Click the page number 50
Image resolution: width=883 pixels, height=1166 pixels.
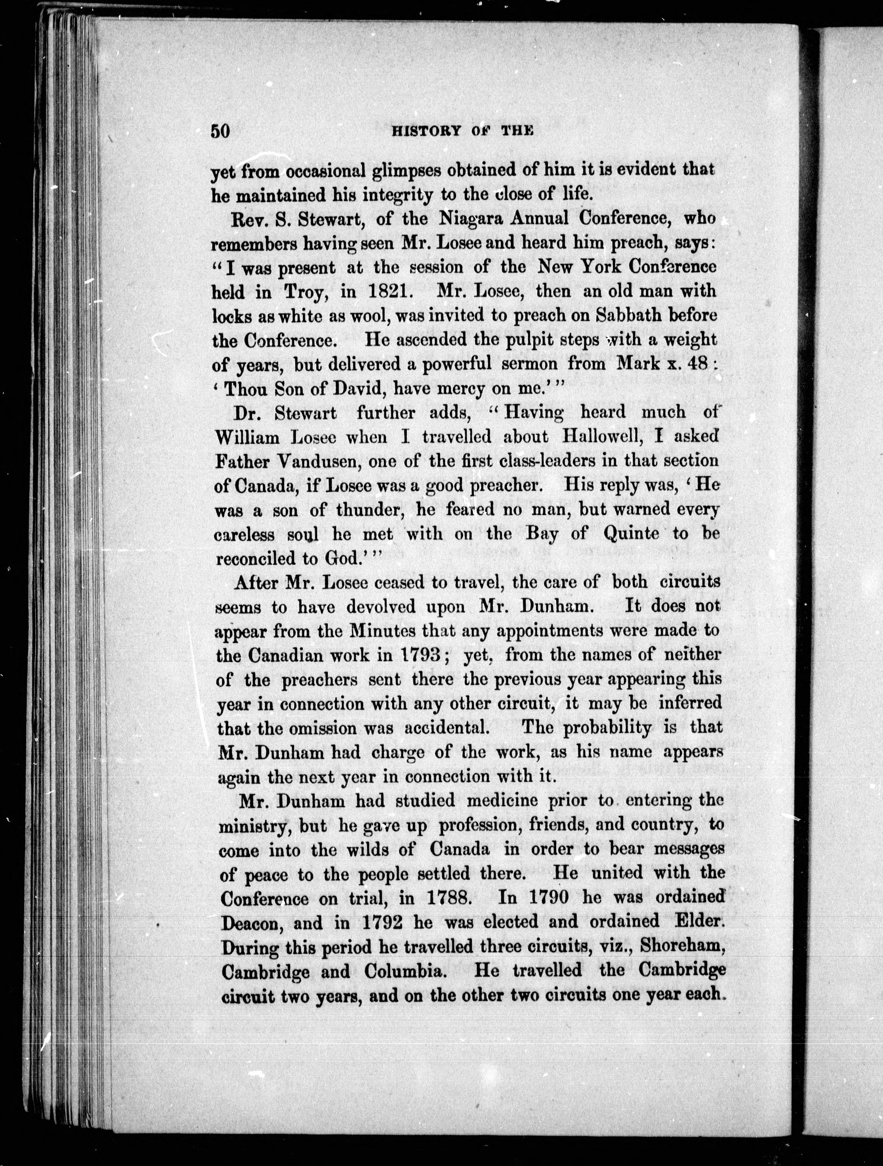[220, 131]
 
